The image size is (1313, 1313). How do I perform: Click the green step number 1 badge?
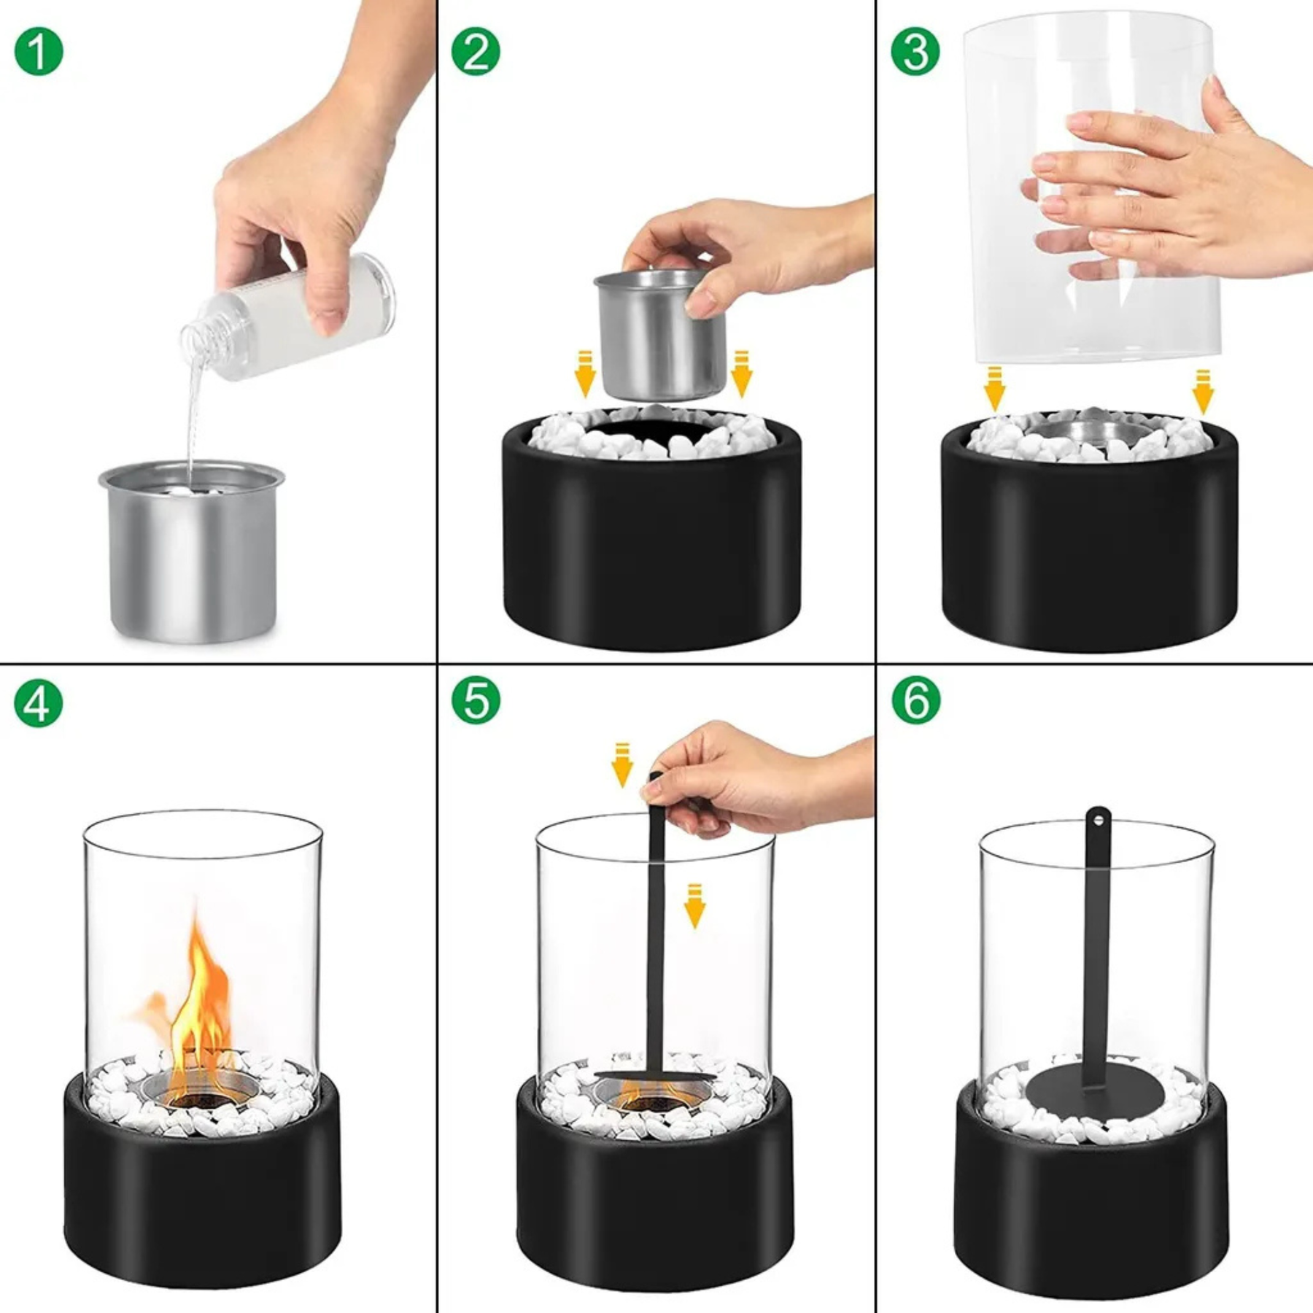[39, 51]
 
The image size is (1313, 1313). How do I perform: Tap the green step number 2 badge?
[476, 51]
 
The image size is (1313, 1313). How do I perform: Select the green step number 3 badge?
[915, 51]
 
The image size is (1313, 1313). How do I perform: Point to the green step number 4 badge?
[39, 702]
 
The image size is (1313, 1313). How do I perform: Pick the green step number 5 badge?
[476, 700]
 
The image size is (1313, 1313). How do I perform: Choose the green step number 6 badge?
[915, 700]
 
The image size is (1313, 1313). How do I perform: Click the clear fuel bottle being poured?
[288, 317]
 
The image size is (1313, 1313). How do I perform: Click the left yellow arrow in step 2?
[584, 373]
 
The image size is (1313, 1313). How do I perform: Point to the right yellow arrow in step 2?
[740, 373]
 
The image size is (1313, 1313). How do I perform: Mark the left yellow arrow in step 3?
[994, 390]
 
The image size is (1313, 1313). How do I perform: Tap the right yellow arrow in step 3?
[1203, 391]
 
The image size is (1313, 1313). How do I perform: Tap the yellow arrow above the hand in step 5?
[621, 765]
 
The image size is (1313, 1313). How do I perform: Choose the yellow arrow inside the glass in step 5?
[694, 905]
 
